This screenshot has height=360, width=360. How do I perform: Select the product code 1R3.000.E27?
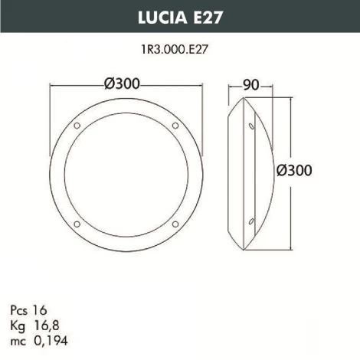179,47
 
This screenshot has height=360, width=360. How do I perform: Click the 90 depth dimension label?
250,83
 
